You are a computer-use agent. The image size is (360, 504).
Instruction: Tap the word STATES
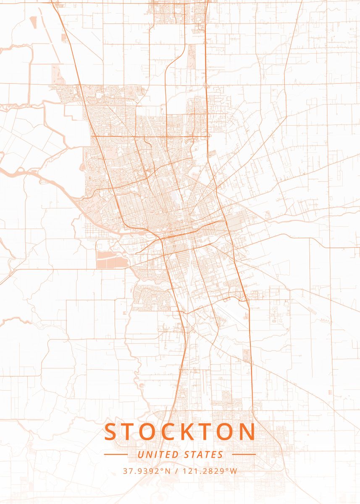coord(204,454)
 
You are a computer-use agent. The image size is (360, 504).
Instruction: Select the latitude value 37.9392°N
coord(147,471)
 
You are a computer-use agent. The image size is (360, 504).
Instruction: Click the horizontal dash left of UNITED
coord(116,454)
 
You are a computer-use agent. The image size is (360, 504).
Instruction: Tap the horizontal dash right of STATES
coord(244,454)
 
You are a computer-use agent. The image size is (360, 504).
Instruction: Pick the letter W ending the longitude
coord(234,471)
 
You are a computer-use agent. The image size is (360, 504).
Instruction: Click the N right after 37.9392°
coord(168,471)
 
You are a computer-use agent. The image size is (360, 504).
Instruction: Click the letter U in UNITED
coord(140,454)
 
